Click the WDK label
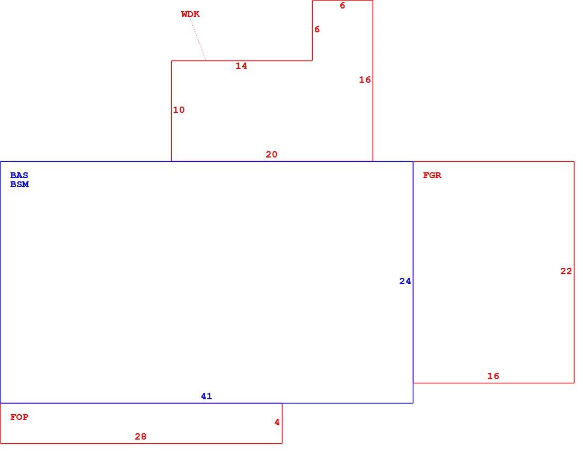click(190, 14)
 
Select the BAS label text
click(19, 175)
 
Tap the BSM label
click(19, 184)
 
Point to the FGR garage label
click(432, 175)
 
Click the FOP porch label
click(19, 417)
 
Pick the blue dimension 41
click(206, 396)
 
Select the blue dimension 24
click(405, 281)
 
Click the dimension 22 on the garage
click(566, 271)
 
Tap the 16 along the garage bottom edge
click(493, 376)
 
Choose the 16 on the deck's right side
click(365, 80)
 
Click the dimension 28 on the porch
click(140, 436)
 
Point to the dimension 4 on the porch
click(277, 422)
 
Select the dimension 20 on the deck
click(271, 154)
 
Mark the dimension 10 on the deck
click(179, 110)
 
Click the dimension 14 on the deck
click(241, 66)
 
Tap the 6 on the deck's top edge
click(342, 6)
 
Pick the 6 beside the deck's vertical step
click(317, 29)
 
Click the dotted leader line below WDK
click(198, 39)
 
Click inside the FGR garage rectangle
click(494, 272)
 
